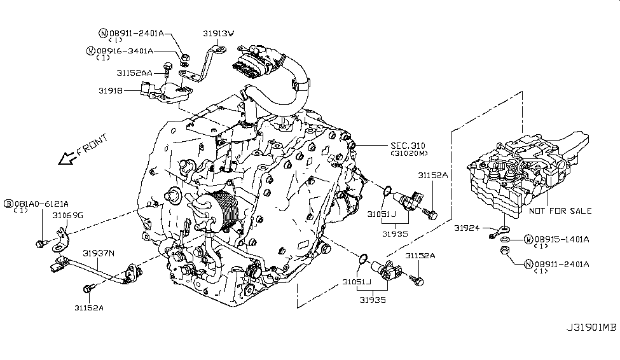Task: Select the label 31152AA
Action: pyautogui.click(x=136, y=73)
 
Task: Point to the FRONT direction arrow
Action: pyautogui.click(x=65, y=157)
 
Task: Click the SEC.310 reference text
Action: pyautogui.click(x=408, y=146)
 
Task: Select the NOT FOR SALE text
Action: pyautogui.click(x=560, y=211)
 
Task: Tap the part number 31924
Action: pyautogui.click(x=467, y=226)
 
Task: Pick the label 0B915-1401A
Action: pyautogui.click(x=562, y=239)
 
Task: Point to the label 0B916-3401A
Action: pyautogui.click(x=125, y=50)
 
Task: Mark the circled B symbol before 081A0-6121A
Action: pyautogui.click(x=9, y=203)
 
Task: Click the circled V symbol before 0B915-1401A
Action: pyautogui.click(x=528, y=239)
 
